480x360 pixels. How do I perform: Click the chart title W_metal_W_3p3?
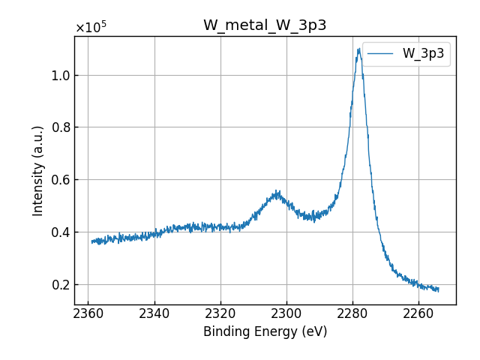tap(265, 25)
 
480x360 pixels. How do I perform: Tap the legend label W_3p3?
tap(423, 53)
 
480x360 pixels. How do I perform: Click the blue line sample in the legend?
tap(382, 53)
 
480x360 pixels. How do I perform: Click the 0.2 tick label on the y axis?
tap(59, 284)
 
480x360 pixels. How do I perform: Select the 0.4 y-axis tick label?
tap(59, 232)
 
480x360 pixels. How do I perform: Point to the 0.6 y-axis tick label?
tap(59, 179)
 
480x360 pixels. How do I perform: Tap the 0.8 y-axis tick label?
tap(59, 127)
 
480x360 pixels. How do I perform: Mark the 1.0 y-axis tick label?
tap(59, 75)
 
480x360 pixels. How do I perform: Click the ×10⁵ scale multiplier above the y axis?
tap(91, 28)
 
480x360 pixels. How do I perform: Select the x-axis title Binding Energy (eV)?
tap(265, 331)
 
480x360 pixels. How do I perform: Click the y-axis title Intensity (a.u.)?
tap(38, 170)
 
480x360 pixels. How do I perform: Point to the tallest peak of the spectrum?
tap(359, 49)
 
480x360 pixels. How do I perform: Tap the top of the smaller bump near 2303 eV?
tap(277, 191)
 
